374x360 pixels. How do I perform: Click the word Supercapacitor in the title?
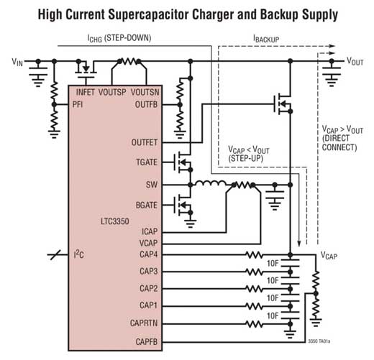tap(148, 15)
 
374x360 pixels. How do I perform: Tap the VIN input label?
tap(17, 62)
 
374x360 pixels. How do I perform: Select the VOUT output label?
tap(355, 62)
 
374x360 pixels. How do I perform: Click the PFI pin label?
tap(78, 105)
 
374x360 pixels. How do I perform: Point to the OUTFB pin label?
tap(146, 105)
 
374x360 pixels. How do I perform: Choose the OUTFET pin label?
tap(145, 142)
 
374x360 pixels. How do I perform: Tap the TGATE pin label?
tap(147, 162)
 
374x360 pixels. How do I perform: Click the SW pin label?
tap(152, 185)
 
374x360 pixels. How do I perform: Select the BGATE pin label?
tap(147, 206)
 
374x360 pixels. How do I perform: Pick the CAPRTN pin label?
tap(144, 323)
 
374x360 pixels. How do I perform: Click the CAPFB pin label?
tap(147, 342)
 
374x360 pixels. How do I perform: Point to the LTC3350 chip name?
tap(115, 221)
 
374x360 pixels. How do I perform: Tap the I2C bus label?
tap(79, 254)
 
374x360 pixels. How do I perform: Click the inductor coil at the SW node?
tap(211, 183)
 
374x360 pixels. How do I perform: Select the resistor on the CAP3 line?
tap(255, 272)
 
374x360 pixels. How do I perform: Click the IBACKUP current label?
tap(266, 39)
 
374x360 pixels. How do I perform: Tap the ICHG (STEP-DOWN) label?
tap(119, 38)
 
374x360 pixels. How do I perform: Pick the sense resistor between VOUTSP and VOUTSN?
tap(129, 61)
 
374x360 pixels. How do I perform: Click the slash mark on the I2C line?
tap(55, 254)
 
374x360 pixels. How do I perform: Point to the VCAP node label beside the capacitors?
tap(329, 256)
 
